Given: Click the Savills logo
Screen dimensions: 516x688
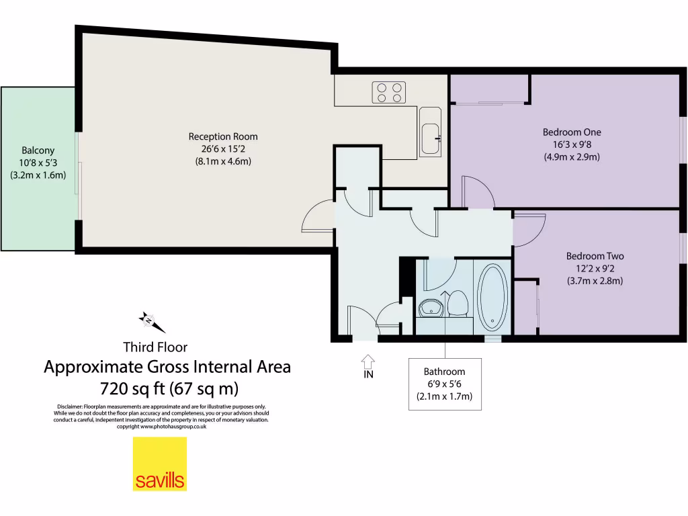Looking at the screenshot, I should (x=159, y=464).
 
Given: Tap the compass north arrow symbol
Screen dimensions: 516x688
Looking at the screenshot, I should (x=152, y=321).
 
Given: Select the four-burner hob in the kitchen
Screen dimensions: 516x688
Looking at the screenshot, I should (x=389, y=92).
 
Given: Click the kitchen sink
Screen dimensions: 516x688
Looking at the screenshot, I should (x=430, y=140).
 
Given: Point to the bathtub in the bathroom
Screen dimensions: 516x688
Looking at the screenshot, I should (x=492, y=298).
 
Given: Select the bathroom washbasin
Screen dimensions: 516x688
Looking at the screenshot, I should (x=429, y=308).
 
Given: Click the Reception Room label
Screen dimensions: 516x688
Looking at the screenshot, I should (x=223, y=136).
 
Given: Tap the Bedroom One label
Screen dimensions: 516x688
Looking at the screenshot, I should (x=572, y=132).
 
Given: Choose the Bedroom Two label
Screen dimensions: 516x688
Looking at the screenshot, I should (x=595, y=256).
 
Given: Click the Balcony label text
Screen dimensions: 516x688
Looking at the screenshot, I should (x=38, y=150).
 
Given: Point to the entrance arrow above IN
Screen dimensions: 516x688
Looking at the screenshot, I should (x=368, y=360).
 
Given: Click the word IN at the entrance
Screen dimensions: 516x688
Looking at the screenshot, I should (x=368, y=375).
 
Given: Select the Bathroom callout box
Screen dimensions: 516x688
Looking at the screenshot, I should (x=443, y=384).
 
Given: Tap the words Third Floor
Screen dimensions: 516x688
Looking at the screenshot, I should (x=155, y=347).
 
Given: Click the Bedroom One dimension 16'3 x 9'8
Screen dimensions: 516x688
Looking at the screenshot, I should (x=572, y=145).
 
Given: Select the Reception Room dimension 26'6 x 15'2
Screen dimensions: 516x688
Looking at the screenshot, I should (x=223, y=149).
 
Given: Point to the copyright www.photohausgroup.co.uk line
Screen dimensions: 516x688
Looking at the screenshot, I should (x=161, y=426).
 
